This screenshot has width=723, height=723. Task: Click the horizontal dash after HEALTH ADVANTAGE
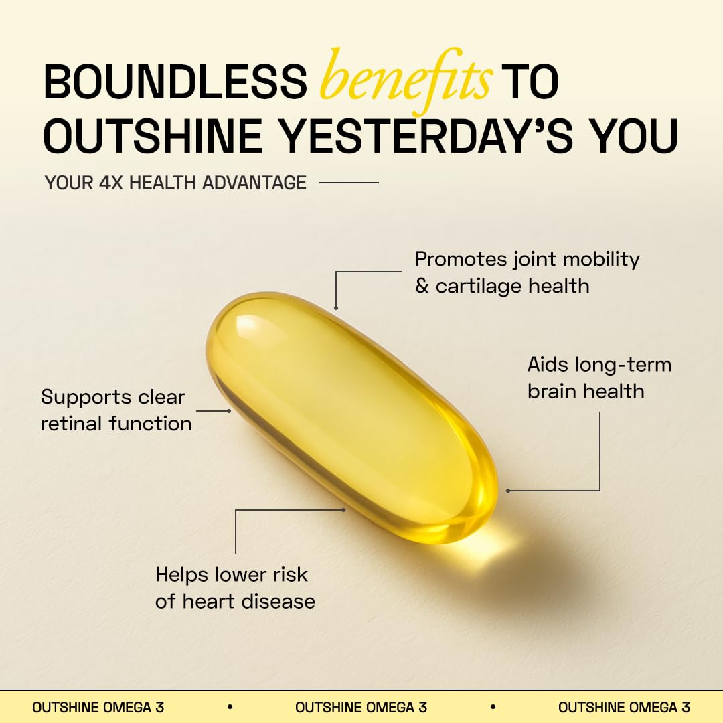pyautogui.click(x=349, y=182)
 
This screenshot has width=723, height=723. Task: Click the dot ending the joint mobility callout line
pyautogui.click(x=336, y=308)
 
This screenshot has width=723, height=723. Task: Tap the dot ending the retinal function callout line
pyautogui.click(x=229, y=410)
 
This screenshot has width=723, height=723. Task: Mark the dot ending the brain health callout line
pyautogui.click(x=508, y=491)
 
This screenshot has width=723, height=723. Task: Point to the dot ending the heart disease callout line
pyautogui.click(x=344, y=509)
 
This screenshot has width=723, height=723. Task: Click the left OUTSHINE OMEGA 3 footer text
pyautogui.click(x=98, y=707)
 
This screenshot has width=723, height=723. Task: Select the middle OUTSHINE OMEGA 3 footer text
pyautogui.click(x=361, y=707)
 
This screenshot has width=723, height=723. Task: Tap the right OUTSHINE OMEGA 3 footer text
pyautogui.click(x=624, y=707)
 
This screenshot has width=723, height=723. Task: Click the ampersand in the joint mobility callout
pyautogui.click(x=422, y=287)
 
